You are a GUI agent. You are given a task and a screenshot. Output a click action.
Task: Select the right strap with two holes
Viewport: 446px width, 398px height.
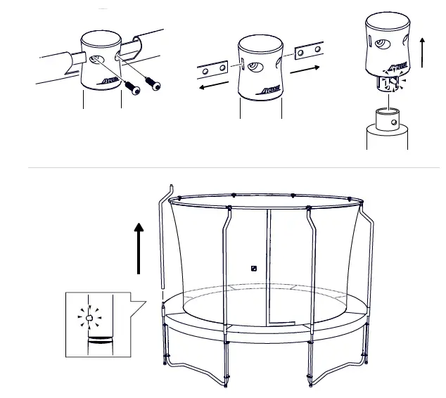(x=308, y=52)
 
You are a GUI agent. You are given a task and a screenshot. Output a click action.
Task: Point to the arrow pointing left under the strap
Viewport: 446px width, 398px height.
(x=212, y=86)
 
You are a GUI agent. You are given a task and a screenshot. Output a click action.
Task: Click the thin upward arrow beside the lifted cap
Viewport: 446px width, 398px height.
(x=422, y=53)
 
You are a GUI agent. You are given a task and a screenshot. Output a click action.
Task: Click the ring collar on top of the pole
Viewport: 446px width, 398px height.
(x=387, y=117)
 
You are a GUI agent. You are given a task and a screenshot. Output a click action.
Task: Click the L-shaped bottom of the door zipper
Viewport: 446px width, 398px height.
(x=281, y=323)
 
